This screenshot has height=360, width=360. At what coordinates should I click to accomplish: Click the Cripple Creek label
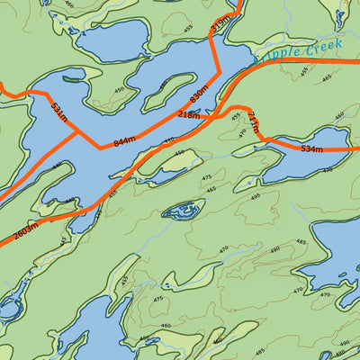point(291,53)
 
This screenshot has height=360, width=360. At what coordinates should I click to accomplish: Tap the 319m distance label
point(219,24)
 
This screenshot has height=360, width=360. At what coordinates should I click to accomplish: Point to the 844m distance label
point(124,139)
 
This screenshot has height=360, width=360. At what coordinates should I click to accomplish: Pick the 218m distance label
point(190,116)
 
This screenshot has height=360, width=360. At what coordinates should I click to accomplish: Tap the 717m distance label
point(254,123)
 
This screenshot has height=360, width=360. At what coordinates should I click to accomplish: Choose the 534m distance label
point(312,148)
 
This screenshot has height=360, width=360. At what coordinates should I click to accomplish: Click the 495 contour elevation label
point(256,196)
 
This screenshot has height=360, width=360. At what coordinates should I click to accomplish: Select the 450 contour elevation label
point(120,91)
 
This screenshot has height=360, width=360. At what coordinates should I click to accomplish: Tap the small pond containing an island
point(183,211)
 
